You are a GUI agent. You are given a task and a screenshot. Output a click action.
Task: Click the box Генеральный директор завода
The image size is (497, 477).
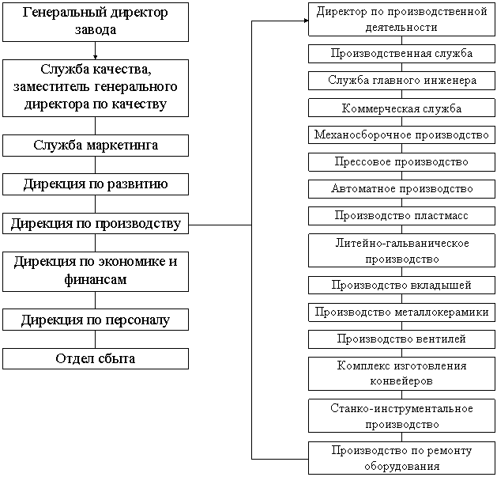pos(96,22)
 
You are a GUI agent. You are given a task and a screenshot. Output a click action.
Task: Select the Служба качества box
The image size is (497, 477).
pos(96,88)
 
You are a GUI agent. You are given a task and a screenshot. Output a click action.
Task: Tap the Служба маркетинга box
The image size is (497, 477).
pos(96,146)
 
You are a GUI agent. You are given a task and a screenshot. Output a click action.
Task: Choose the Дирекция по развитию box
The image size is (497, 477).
pos(96,184)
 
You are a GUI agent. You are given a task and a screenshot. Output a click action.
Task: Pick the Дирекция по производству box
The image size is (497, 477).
pos(96,223)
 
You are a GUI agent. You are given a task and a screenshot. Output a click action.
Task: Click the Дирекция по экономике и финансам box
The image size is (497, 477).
pos(96,271)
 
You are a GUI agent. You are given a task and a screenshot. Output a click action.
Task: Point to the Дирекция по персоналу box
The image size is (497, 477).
pos(96,320)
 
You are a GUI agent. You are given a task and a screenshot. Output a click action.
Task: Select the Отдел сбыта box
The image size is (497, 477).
pos(96,358)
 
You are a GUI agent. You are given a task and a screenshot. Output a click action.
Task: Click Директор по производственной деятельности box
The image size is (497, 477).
pos(401,20)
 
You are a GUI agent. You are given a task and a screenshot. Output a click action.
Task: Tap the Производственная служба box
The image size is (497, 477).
pos(401,54)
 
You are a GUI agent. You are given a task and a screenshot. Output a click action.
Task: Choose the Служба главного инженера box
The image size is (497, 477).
pos(401,81)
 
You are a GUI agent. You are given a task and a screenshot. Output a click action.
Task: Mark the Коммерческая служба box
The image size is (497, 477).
pos(401,108)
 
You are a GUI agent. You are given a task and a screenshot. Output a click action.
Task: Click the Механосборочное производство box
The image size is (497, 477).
pos(401,134)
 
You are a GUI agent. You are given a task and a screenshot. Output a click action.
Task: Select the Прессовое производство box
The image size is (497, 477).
pos(401,161)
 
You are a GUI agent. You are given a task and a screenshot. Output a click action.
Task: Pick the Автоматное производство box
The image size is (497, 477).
pos(401,188)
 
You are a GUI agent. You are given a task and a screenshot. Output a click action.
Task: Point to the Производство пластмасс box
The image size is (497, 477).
pos(401,215)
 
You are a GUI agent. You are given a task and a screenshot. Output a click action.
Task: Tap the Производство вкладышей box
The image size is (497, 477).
pos(401,285)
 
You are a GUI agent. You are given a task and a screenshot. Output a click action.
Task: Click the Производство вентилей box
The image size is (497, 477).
pos(401,339)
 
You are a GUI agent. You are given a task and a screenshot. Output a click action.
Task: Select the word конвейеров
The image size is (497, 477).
pos(401,381)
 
